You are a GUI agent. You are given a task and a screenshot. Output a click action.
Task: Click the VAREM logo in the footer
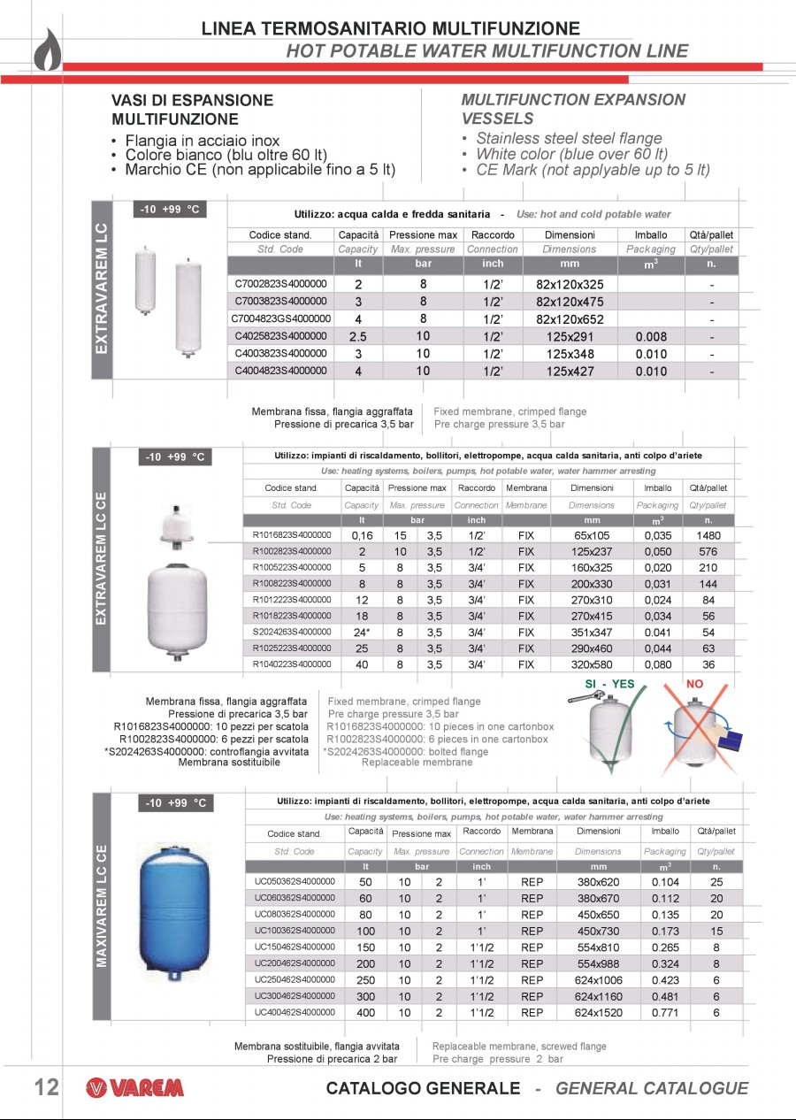tap(134, 1088)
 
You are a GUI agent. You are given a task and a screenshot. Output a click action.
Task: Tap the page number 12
tap(46, 1087)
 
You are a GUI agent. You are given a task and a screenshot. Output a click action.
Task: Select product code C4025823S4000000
tap(280, 336)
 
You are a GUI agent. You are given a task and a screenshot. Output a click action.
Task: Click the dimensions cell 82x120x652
tap(570, 319)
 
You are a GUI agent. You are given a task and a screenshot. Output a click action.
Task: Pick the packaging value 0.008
tap(651, 337)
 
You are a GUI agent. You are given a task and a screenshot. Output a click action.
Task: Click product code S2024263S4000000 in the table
tap(292, 632)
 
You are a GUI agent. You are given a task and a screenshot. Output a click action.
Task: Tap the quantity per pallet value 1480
tap(708, 535)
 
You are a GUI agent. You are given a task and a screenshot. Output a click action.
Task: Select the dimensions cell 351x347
tap(592, 633)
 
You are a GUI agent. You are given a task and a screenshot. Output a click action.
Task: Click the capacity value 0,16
tap(362, 535)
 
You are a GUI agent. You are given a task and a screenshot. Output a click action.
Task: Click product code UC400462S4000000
tap(295, 1012)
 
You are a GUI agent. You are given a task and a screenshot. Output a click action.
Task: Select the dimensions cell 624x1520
tap(598, 1013)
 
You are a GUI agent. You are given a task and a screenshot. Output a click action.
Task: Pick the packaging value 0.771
tap(665, 1013)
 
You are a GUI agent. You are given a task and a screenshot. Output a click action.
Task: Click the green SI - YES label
tap(609, 684)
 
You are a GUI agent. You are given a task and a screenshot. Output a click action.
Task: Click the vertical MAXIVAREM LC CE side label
tap(103, 906)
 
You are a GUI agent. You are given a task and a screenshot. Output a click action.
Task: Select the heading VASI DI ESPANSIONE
tap(192, 100)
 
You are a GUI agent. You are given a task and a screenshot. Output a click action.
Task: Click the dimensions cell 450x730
tap(598, 931)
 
